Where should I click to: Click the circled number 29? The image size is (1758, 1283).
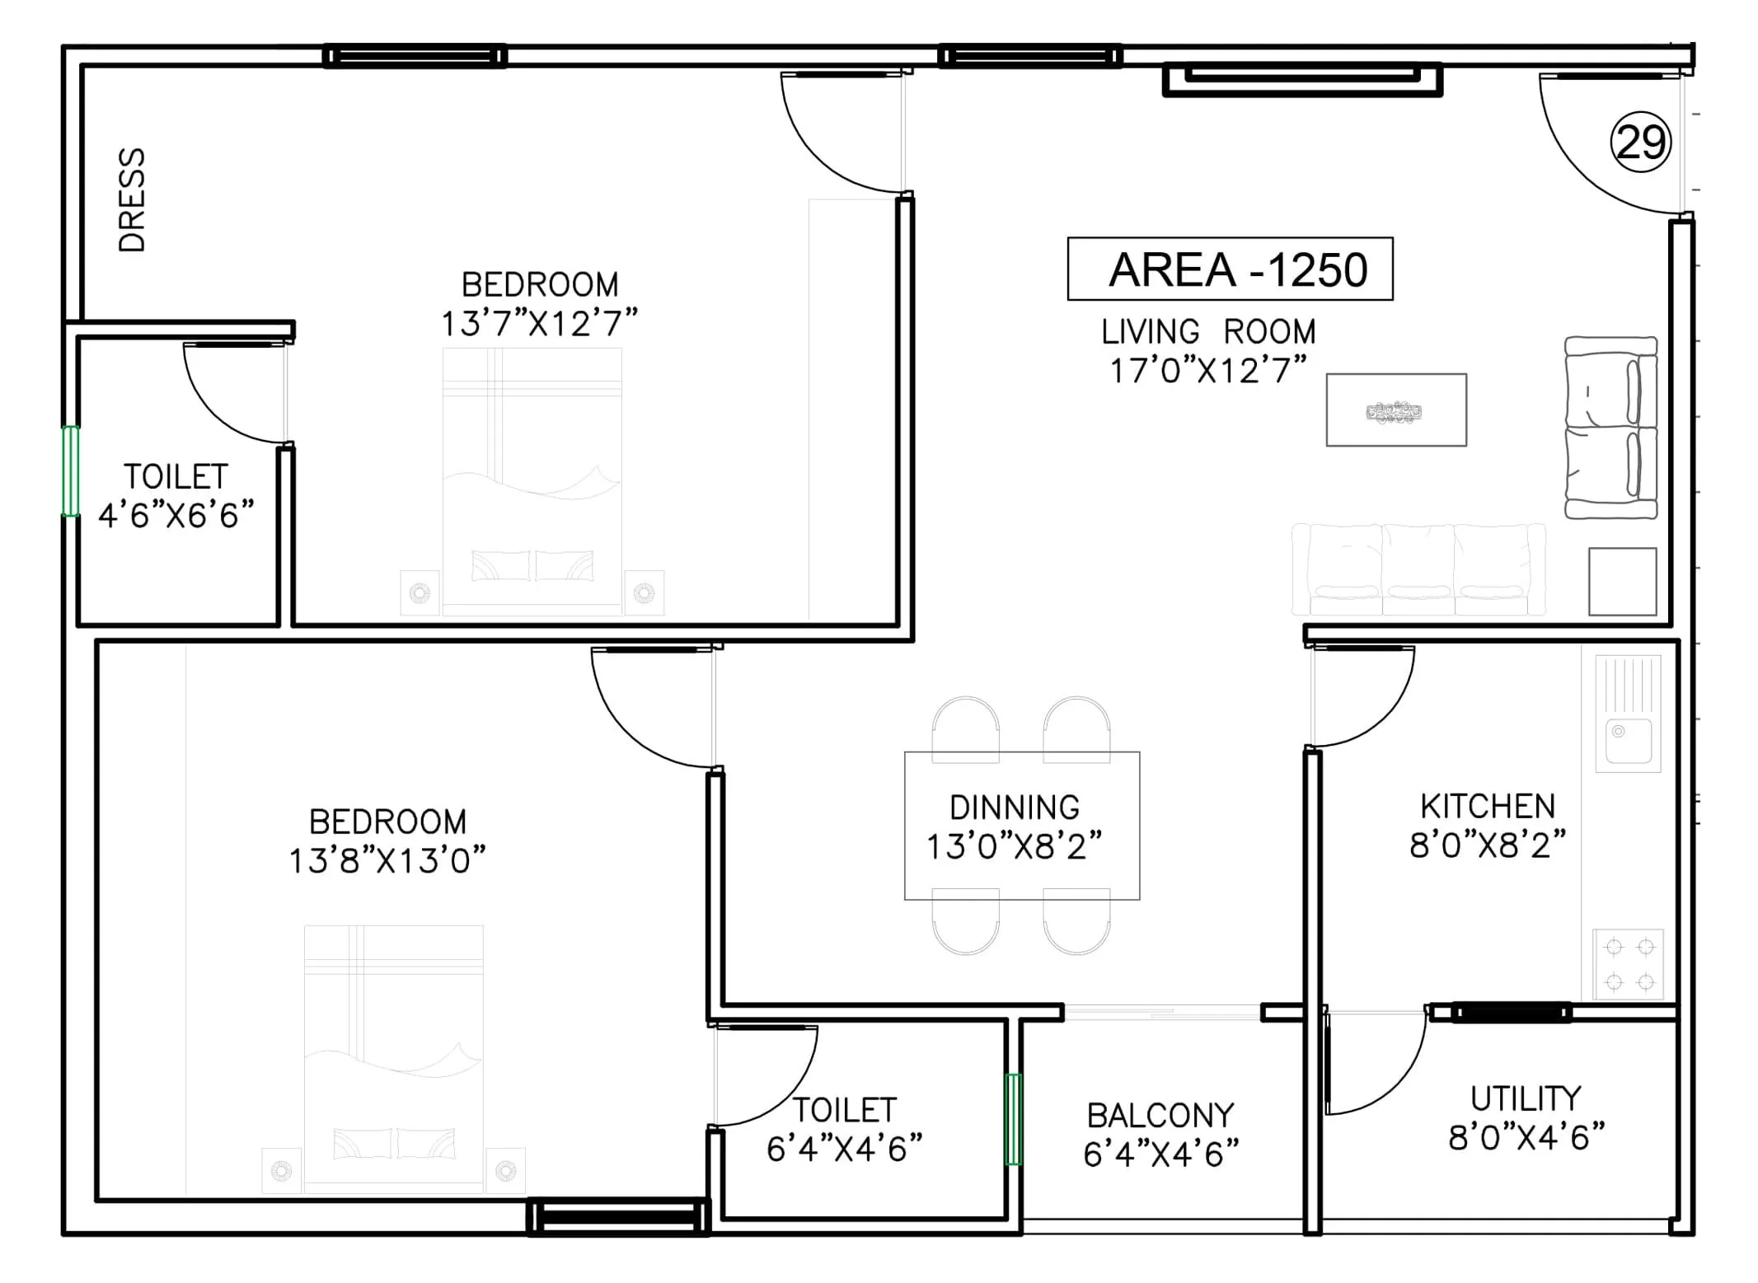click(1640, 142)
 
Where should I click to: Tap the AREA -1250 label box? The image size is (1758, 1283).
click(1230, 269)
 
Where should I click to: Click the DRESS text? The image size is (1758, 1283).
click(132, 199)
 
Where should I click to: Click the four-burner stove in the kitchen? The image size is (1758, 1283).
click(1629, 964)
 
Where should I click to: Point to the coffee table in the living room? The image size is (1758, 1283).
click(1395, 410)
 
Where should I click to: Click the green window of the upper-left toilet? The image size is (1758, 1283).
click(71, 471)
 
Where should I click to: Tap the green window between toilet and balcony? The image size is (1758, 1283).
click(1014, 1119)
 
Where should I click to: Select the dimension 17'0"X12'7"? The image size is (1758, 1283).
click(1207, 371)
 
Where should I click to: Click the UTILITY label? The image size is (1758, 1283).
click(1526, 1098)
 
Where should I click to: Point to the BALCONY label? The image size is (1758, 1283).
click(1160, 1116)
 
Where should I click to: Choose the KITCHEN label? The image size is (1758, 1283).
click(1488, 806)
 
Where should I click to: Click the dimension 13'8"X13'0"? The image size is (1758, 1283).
click(387, 861)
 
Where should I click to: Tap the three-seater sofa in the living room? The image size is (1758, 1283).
click(1418, 570)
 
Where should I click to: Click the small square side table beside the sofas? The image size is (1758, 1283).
click(1622, 581)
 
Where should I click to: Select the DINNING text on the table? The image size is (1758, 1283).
click(1014, 808)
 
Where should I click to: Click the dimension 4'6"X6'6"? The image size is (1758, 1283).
click(176, 516)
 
